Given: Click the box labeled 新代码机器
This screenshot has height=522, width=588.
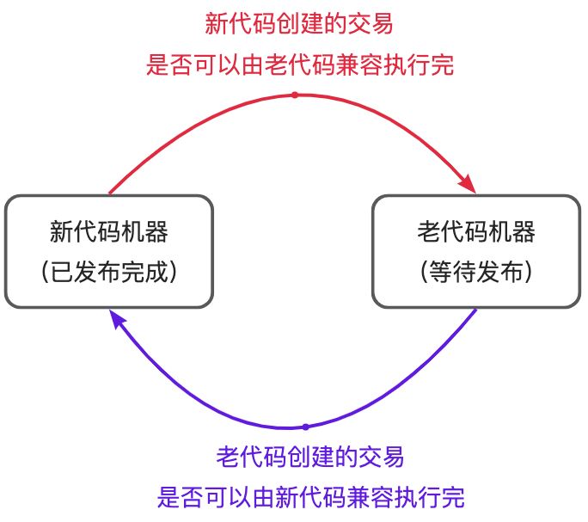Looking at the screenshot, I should click(x=108, y=251).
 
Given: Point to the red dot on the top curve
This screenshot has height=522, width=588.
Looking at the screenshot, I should click(x=294, y=95).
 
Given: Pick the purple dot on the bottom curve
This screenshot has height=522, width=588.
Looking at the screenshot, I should click(x=305, y=427).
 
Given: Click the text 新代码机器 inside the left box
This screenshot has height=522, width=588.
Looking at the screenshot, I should click(x=108, y=232).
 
